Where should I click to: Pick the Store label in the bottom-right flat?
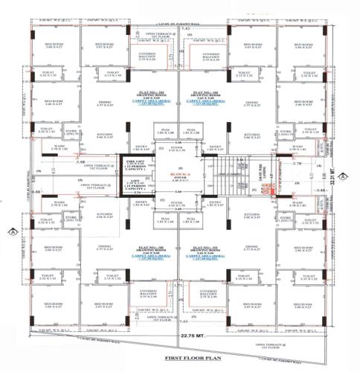tap(283, 219)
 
